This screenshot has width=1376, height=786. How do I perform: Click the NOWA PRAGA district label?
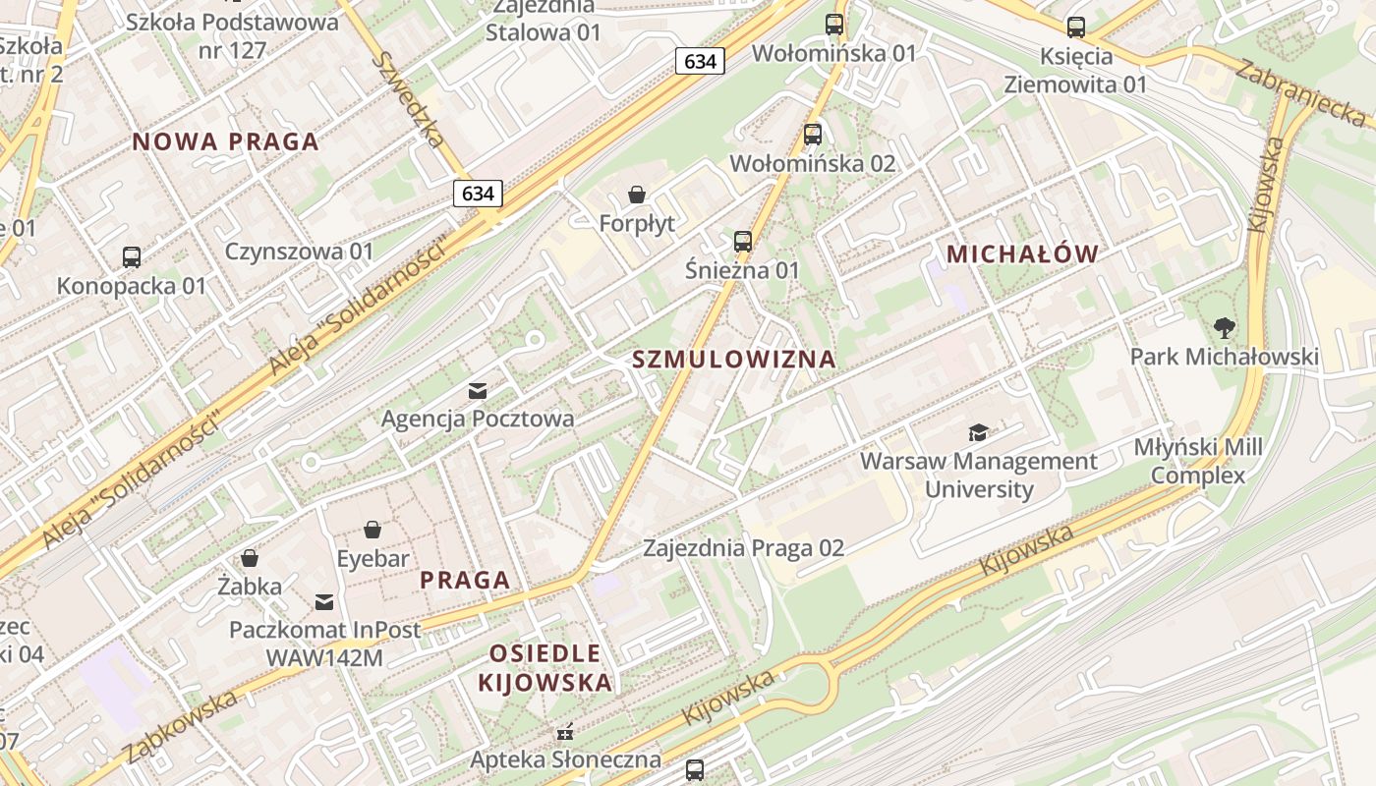tap(226, 141)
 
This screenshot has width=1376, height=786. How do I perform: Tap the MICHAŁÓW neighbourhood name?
tap(1022, 254)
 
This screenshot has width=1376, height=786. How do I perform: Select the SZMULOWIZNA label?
tap(734, 360)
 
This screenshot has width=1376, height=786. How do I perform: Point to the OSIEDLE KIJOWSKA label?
tap(545, 668)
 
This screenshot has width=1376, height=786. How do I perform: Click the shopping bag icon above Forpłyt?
tap(637, 196)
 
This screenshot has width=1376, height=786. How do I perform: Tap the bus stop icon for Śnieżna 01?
tap(743, 241)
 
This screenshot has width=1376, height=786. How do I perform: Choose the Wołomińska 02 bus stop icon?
tap(813, 135)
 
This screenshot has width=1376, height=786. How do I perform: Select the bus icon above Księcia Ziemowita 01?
tap(1076, 28)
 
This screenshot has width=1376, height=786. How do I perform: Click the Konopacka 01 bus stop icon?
tap(132, 257)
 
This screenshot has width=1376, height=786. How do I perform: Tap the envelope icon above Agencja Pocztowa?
tap(478, 391)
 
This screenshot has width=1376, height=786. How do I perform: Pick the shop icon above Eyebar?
tap(373, 531)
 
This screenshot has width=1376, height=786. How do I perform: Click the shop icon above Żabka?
tap(250, 558)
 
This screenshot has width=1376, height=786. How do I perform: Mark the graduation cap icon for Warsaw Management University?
tap(978, 432)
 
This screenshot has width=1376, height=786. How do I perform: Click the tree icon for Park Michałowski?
tap(1225, 327)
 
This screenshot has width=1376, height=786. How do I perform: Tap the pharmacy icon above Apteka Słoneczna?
tap(565, 732)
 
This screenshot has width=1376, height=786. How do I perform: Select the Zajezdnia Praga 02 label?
tap(744, 548)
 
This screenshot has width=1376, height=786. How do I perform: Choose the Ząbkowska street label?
tap(181, 728)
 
